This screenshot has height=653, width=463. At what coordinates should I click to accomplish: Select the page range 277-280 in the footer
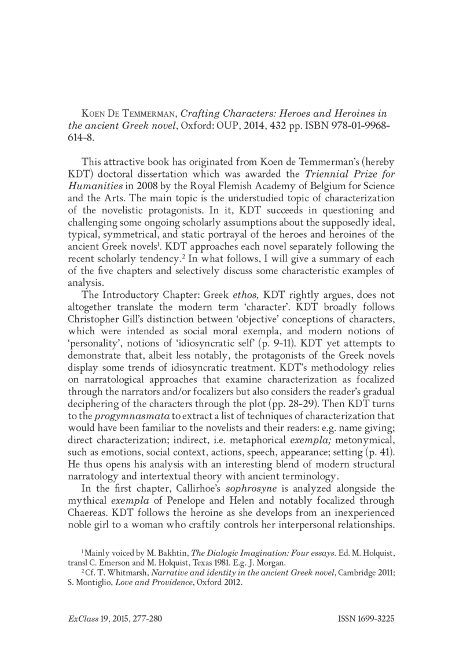(144, 618)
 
